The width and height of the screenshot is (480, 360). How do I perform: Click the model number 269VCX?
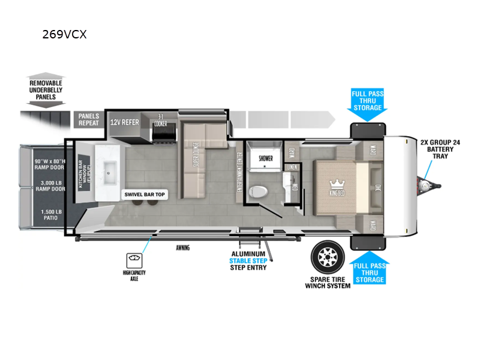point(64,34)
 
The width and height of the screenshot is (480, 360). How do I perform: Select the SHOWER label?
point(265,158)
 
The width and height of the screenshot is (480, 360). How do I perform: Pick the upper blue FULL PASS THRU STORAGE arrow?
point(367,101)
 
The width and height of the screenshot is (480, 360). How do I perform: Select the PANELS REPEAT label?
point(89,119)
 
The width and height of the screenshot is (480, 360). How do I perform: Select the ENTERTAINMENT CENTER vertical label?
point(239,173)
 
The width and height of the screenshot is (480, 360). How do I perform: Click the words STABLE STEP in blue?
point(248,261)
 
